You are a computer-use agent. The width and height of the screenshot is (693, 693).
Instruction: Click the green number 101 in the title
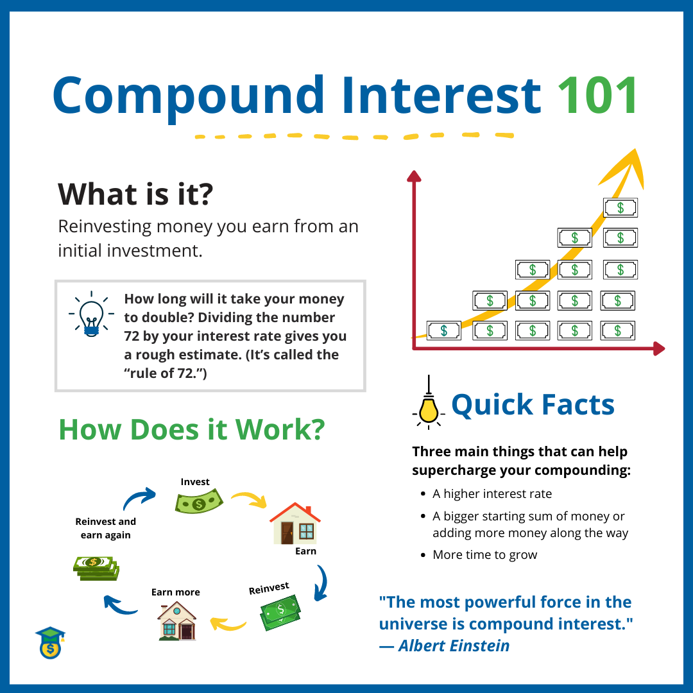coord(598,96)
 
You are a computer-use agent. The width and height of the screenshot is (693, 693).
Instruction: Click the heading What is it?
coord(135,194)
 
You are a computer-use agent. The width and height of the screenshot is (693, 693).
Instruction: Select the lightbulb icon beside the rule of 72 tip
coord(91,314)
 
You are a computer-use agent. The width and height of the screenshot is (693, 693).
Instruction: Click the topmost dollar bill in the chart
coord(620,207)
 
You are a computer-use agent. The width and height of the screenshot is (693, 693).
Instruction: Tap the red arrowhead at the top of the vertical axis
coord(415,176)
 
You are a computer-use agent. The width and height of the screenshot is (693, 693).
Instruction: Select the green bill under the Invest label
coord(198,501)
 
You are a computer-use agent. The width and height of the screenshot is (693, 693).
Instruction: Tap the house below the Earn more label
coord(176,621)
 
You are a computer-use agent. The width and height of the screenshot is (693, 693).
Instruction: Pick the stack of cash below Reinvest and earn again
coord(96,568)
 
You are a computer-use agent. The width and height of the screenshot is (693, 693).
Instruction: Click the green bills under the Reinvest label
coord(280,612)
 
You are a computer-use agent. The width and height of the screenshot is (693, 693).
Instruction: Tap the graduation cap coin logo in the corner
coord(50,642)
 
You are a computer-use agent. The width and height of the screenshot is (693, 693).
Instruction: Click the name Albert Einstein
coord(454,646)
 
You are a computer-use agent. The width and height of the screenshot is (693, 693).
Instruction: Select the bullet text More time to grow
coord(484,555)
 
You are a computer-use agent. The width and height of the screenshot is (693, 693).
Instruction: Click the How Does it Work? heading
coord(191,429)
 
